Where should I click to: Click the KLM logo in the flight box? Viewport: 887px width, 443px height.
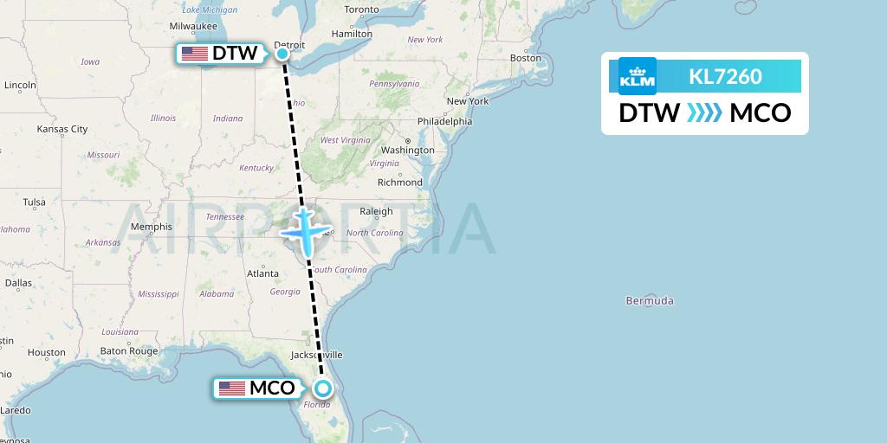point(638,76)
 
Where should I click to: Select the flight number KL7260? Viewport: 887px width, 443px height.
point(725,77)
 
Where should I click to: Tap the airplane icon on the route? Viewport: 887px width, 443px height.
point(304,228)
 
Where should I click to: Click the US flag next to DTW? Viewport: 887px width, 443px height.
point(195,54)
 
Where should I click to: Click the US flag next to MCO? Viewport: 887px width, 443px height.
point(232,388)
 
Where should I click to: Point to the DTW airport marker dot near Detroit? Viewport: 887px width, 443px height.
point(282,54)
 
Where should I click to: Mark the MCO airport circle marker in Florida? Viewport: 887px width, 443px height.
point(322,388)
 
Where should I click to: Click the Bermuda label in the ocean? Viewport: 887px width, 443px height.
point(650,301)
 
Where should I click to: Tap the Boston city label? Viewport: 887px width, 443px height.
point(526,58)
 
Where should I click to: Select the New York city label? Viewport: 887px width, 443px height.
point(468,101)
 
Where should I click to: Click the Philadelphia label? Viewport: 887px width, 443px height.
point(443,121)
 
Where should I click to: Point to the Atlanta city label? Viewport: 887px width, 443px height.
point(262,273)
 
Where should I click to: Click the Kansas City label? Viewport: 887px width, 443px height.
point(62,129)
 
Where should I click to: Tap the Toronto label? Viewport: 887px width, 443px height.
point(361,10)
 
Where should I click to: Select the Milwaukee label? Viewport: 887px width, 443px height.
point(193,27)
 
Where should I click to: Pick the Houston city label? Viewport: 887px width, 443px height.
point(46,352)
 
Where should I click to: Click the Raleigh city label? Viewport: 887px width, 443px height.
point(376,211)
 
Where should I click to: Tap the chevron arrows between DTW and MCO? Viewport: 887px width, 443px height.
point(704,113)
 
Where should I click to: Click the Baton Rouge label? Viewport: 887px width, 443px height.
point(129,351)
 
